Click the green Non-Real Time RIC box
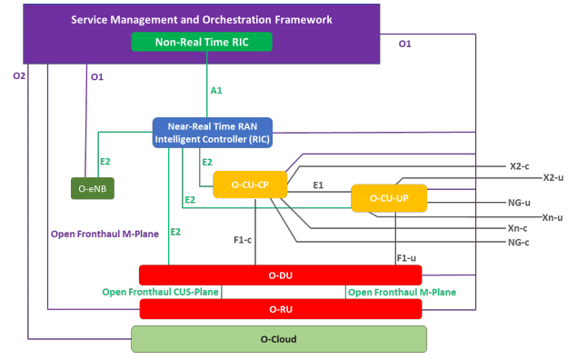[202, 42]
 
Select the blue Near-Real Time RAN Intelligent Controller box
[212, 133]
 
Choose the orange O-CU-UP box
[389, 198]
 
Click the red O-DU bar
[280, 275]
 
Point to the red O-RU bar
[280, 310]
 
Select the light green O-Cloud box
[279, 339]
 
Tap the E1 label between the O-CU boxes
[318, 185]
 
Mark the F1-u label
[406, 258]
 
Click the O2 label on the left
[19, 76]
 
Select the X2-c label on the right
[520, 167]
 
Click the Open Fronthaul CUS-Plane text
[161, 292]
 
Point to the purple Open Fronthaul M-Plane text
[104, 234]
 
